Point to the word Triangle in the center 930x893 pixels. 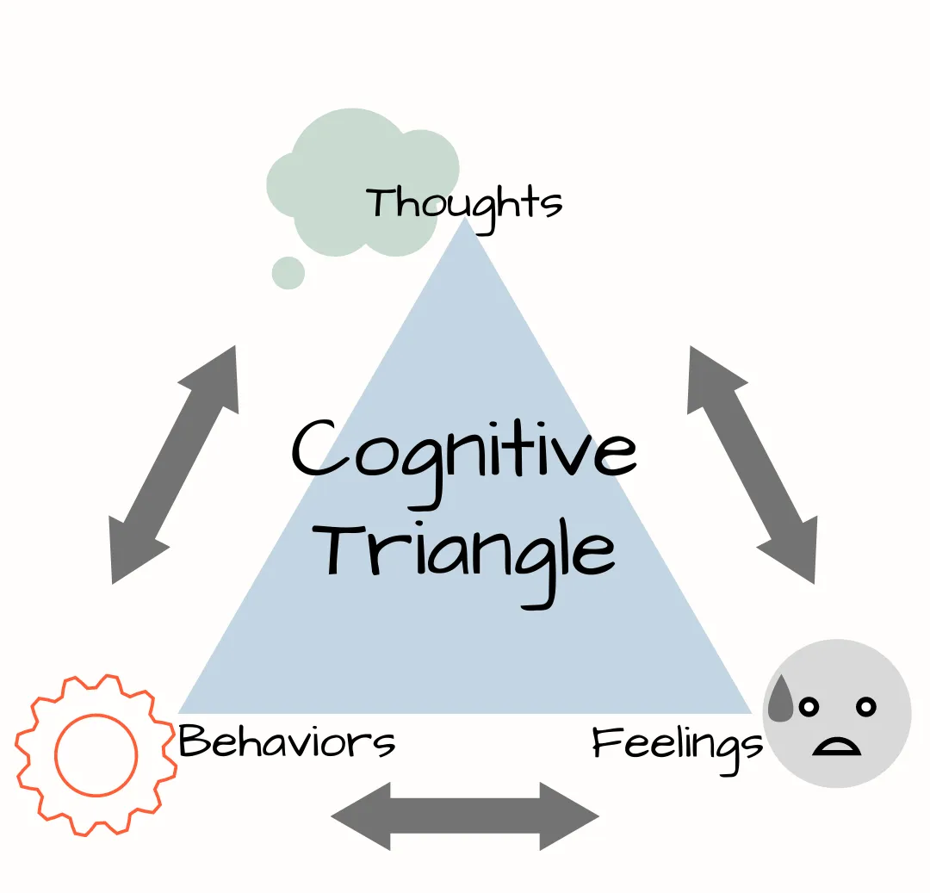tap(469, 552)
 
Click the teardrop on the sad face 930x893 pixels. tap(781, 698)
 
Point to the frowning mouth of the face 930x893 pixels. tap(836, 746)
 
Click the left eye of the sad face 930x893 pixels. tap(808, 707)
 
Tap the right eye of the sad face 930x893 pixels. tap(865, 707)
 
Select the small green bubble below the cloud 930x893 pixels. tap(288, 273)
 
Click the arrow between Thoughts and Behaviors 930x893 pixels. tap(174, 464)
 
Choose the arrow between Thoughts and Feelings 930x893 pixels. tap(752, 464)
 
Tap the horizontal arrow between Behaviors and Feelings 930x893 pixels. tap(465, 815)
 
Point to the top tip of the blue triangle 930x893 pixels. tap(465, 220)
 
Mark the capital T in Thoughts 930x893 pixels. tap(381, 203)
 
